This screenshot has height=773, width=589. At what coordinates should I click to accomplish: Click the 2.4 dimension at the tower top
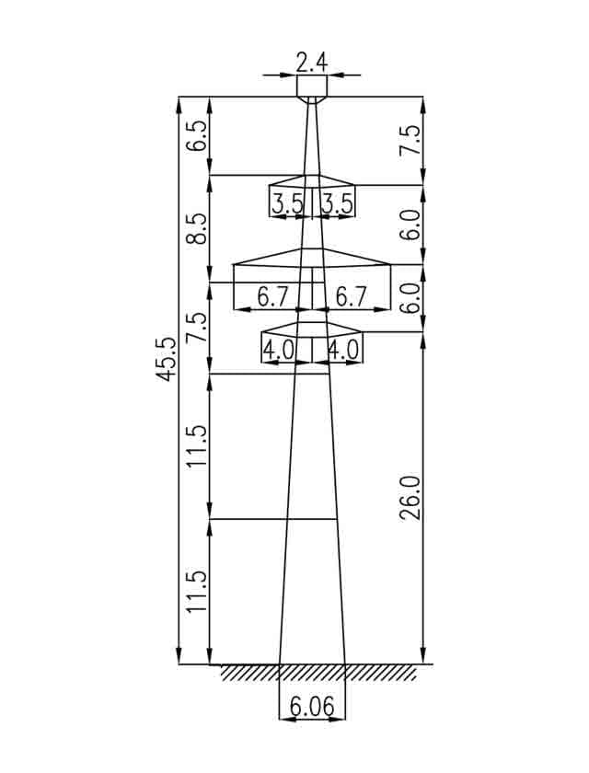[x=311, y=63]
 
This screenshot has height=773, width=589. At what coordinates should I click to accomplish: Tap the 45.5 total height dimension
[x=166, y=358]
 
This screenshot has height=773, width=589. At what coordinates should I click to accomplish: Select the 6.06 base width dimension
[x=311, y=707]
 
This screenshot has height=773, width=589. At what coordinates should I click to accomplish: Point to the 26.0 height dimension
[x=410, y=498]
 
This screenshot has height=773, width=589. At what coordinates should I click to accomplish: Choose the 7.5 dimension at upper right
[x=410, y=141]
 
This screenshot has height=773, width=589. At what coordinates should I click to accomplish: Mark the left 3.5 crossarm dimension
[x=287, y=203]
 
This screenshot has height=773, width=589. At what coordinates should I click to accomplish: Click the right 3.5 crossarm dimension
[x=337, y=203]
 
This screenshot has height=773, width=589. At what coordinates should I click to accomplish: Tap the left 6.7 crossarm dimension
[x=272, y=296]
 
